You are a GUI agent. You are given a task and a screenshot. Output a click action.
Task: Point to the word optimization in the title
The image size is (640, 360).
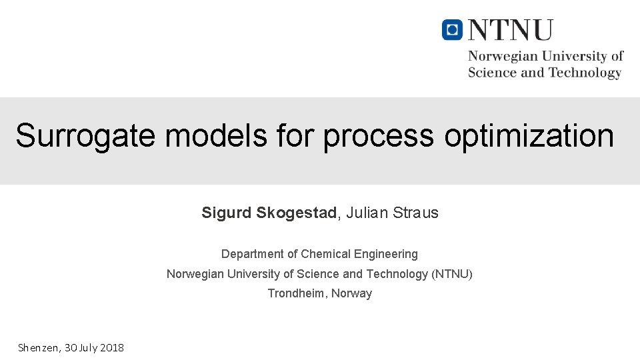coord(529,135)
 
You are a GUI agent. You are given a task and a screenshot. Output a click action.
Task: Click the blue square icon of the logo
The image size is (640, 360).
coord(452,30)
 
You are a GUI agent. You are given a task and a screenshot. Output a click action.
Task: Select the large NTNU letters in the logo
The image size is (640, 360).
coord(511,31)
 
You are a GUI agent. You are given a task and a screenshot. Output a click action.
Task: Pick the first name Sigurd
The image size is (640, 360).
coord(227,213)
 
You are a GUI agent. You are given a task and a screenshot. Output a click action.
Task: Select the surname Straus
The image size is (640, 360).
coord(415,213)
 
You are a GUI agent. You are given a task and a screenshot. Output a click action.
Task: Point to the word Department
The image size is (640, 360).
coord(253,254)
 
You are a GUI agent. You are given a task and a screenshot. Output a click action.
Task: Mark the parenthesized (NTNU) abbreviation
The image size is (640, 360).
coord(452,274)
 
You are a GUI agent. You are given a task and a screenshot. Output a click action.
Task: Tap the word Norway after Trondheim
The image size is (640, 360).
coord(352,293)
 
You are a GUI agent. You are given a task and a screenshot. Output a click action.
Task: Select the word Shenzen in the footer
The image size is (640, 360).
coord(39,347)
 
